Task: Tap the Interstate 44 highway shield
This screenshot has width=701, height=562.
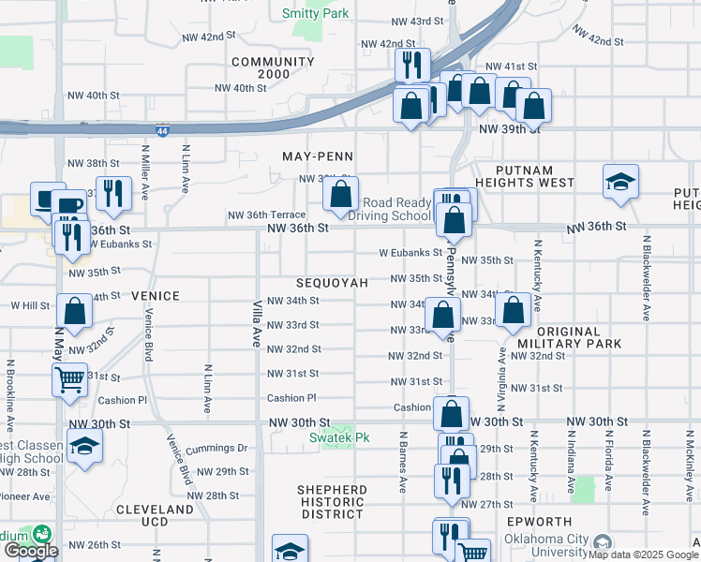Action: click(x=163, y=131)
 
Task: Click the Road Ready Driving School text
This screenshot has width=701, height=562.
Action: click(x=396, y=209)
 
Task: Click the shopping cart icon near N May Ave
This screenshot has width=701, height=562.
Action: click(x=70, y=380)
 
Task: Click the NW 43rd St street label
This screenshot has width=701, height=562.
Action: click(x=416, y=21)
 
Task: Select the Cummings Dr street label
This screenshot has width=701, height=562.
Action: click(x=216, y=449)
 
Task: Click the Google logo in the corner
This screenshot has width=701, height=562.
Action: click(x=30, y=551)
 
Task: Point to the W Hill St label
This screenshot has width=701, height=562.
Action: click(x=29, y=305)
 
